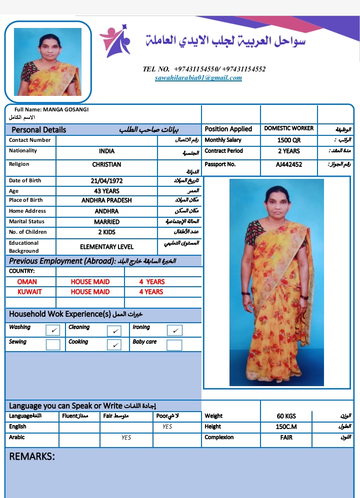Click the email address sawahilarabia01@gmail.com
click(x=198, y=78)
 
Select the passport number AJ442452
click(x=288, y=165)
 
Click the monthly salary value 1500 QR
click(x=288, y=140)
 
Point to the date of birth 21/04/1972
click(x=106, y=181)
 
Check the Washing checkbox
click(x=52, y=330)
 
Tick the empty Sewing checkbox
click(x=52, y=345)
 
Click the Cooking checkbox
click(x=114, y=345)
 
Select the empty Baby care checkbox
click(x=174, y=345)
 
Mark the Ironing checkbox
click(x=174, y=330)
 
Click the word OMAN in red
click(x=27, y=282)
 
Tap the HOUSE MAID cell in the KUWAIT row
click(x=90, y=292)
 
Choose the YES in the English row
click(x=167, y=427)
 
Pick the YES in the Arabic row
click(x=126, y=438)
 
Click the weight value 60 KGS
click(x=286, y=416)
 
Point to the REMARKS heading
click(x=32, y=457)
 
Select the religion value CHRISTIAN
click(x=106, y=164)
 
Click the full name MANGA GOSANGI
click(x=66, y=109)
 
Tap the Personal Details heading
click(x=39, y=130)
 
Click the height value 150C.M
click(x=286, y=427)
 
